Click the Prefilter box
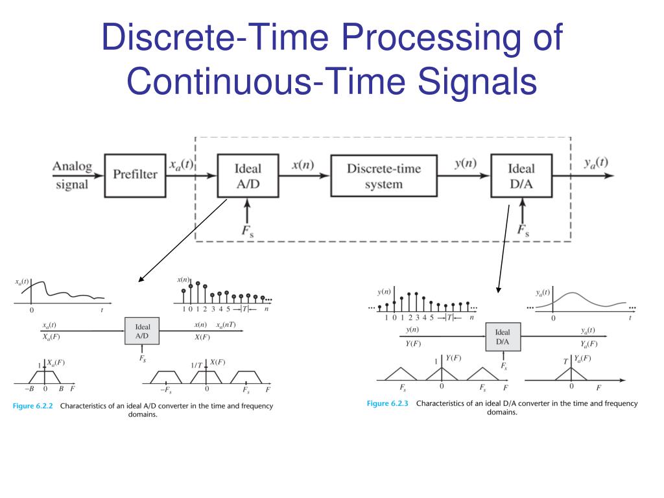[135, 174]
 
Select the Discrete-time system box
[383, 176]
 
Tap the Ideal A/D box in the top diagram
[248, 176]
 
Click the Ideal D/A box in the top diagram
[521, 176]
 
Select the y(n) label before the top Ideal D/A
[465, 163]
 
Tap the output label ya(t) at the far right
[596, 163]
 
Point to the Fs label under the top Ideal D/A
[523, 229]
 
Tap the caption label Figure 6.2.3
[388, 403]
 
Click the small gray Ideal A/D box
[142, 331]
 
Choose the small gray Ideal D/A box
[503, 337]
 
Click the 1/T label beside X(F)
[196, 365]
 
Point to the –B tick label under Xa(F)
[29, 390]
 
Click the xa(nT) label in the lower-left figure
[226, 325]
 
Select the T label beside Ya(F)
[565, 361]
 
